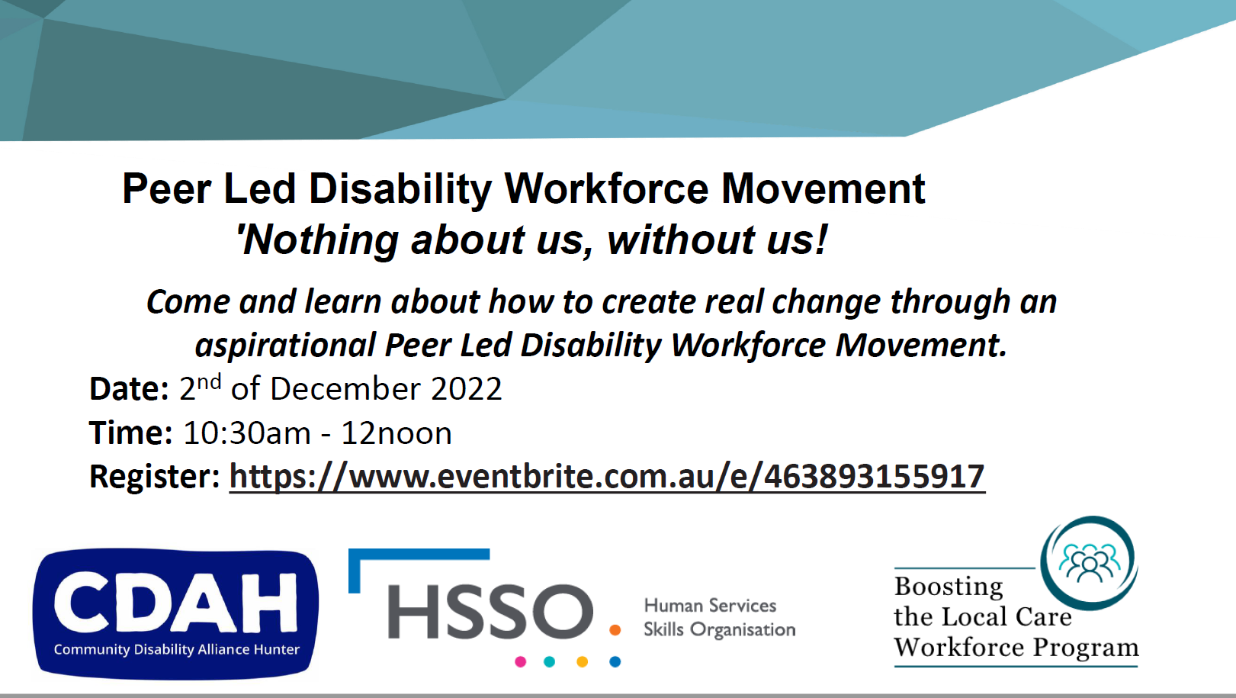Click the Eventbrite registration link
607,477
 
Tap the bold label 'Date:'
129,389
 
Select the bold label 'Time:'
131,433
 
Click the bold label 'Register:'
155,477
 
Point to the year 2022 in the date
466,389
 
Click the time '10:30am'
247,433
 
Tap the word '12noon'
396,433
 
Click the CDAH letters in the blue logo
175,603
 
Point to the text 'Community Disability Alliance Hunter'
177,649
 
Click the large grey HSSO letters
490,611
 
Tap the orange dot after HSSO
615,630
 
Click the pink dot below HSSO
520,661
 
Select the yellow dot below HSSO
582,661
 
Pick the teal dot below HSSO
550,661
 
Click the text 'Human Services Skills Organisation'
720,618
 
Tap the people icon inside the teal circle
1090,563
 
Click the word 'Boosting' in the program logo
949,587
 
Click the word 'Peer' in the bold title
167,189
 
